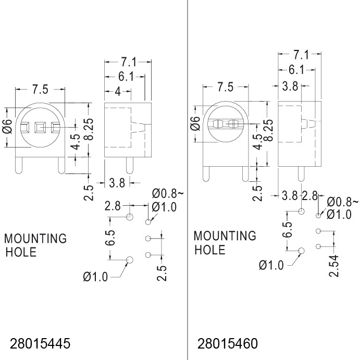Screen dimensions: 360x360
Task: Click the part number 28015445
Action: pos(40,343)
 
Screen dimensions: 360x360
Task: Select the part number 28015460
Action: pos(227,343)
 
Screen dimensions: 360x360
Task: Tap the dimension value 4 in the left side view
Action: pos(118,92)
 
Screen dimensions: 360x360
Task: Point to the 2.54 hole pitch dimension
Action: pos(333,266)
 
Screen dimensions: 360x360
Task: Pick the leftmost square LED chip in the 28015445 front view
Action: pos(24,128)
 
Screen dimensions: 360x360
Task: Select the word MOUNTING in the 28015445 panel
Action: pos(35,239)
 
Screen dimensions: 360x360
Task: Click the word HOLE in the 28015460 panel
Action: pos(209,250)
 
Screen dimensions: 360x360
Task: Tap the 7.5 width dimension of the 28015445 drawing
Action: pos(40,89)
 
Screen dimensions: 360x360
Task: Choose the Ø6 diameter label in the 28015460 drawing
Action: pos(195,123)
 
